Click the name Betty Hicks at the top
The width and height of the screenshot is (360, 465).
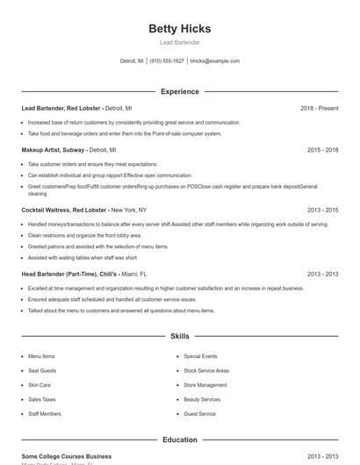179,28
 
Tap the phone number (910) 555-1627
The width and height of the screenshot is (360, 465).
167,61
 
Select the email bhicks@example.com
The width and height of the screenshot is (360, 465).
214,61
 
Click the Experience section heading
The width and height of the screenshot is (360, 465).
179,91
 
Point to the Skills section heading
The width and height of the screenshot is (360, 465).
179,336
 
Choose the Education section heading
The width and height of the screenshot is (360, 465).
179,440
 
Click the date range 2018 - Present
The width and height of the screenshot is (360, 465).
319,108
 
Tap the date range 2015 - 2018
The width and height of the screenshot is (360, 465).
322,150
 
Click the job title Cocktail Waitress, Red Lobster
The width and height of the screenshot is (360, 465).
63,211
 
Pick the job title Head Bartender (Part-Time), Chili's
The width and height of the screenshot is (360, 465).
68,274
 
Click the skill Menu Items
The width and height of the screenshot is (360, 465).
41,356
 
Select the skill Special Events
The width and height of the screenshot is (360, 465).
200,356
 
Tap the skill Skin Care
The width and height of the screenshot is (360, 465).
40,385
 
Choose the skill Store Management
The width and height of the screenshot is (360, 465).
205,385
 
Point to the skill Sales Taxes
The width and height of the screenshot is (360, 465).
41,399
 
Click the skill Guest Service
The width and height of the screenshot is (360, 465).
199,413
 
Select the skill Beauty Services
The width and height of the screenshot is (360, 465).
202,399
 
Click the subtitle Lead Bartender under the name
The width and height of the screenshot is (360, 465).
179,42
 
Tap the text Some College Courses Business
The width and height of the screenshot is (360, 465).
66,456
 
